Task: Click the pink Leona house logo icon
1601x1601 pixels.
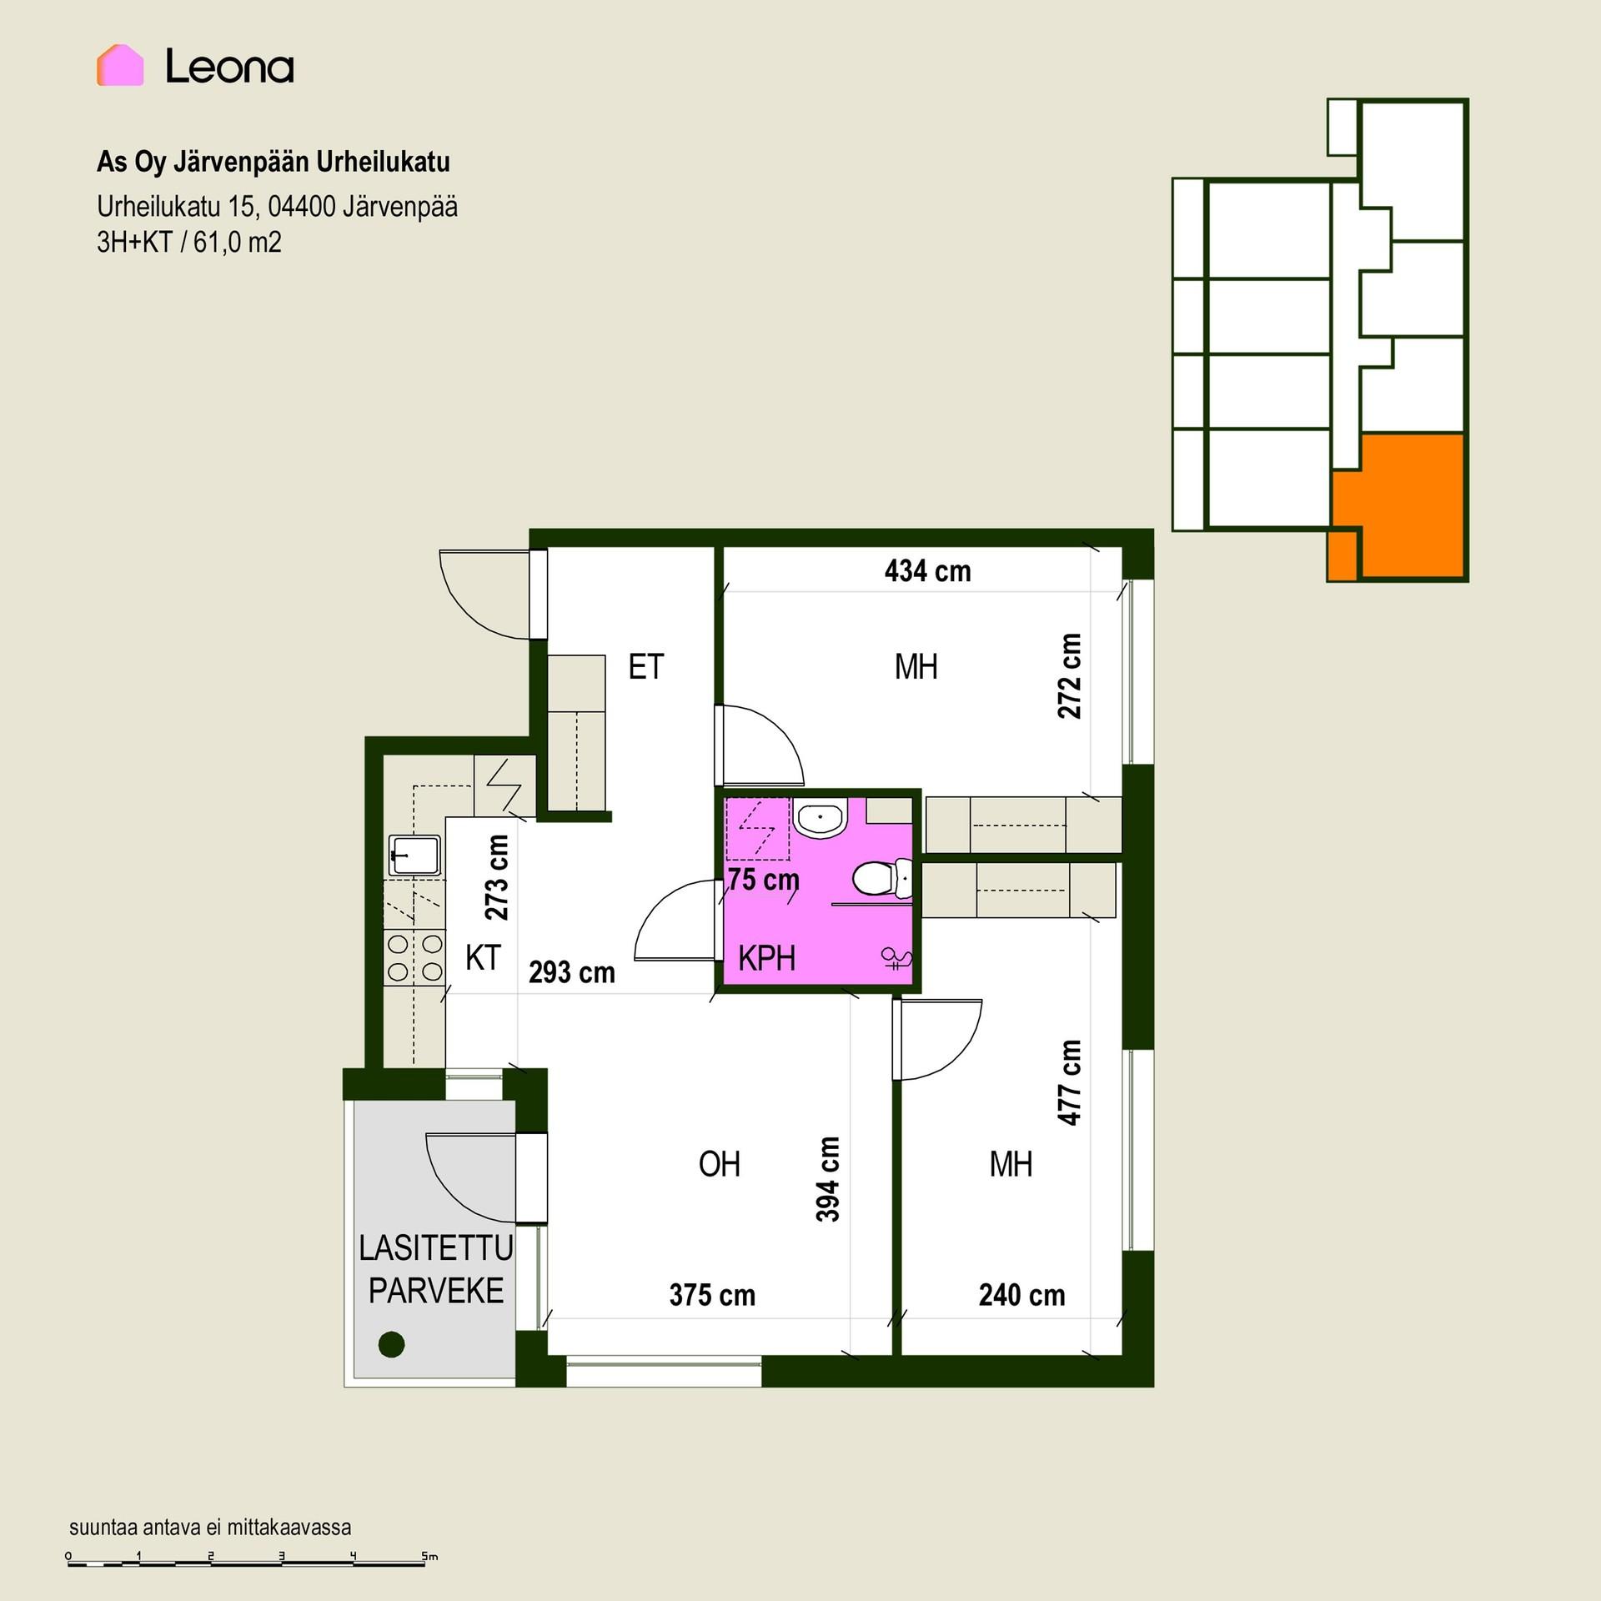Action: pos(120,65)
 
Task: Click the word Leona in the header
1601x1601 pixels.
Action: pos(229,66)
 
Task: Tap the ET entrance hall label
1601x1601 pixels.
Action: pos(646,667)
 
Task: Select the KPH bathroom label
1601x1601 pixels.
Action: pos(766,958)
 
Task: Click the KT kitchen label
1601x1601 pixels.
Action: pos(483,958)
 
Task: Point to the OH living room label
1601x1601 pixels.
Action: pos(719,1164)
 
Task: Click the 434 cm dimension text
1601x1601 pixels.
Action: pos(927,571)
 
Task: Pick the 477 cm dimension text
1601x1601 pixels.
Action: pos(1070,1082)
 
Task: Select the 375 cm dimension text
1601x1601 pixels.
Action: pos(712,1295)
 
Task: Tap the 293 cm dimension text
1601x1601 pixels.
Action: pos(572,972)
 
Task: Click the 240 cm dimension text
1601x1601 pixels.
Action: pos(1021,1295)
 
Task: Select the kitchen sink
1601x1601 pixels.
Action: pos(415,855)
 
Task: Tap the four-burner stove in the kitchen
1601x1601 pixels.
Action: pos(414,957)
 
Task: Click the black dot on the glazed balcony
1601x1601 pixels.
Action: pos(391,1344)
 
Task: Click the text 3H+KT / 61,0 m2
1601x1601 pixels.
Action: pos(189,242)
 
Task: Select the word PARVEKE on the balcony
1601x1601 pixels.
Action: pos(436,1291)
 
